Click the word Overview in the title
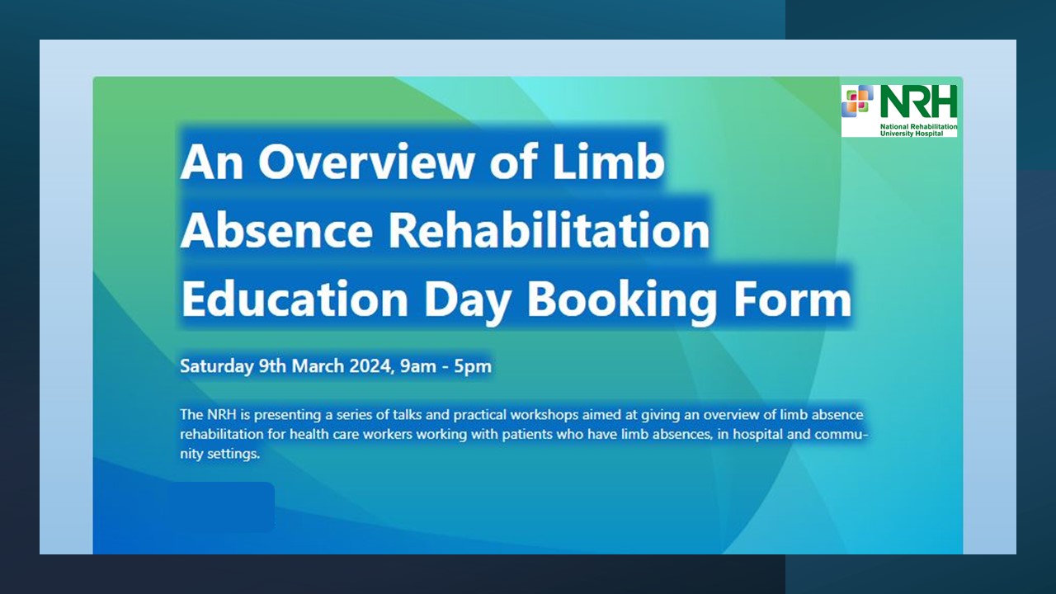[365, 161]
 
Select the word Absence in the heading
[276, 230]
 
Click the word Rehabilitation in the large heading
[549, 229]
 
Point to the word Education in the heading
[295, 299]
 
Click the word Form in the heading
[793, 299]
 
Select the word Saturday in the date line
[216, 366]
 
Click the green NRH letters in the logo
[918, 101]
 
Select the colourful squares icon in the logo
[857, 100]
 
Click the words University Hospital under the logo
[912, 134]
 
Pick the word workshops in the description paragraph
[544, 415]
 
